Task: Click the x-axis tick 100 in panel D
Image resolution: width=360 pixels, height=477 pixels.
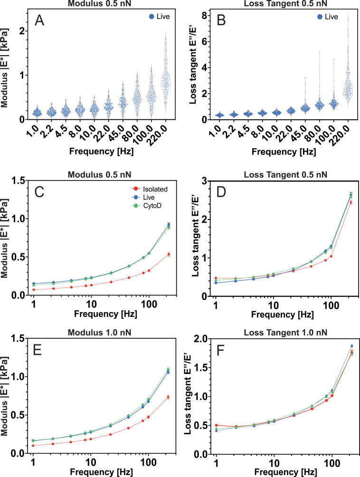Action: tap(332, 303)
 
